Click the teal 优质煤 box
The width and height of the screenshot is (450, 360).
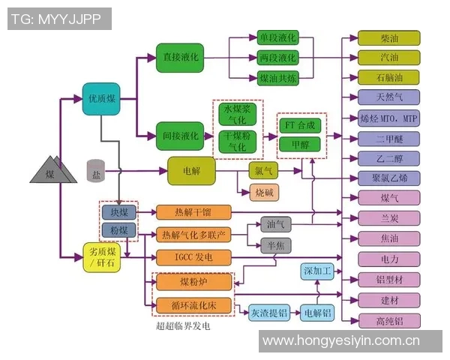[101, 98]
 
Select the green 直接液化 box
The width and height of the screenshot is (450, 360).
[180, 58]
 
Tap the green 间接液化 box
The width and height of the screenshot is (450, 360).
[180, 136]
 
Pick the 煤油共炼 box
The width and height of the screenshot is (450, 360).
[277, 78]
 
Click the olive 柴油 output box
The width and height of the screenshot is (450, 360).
[388, 38]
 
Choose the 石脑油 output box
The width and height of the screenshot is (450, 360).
[388, 77]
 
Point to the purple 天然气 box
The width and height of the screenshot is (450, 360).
[388, 97]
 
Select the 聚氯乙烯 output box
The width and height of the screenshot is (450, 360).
[388, 178]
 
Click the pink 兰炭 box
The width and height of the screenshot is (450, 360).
[388, 218]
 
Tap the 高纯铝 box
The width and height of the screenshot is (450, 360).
[388, 320]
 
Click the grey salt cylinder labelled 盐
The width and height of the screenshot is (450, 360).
[95, 171]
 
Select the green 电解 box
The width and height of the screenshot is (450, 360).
[191, 171]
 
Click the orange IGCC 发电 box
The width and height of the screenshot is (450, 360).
[193, 258]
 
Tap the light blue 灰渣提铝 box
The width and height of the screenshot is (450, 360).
[269, 311]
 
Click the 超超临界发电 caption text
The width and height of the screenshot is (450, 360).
[183, 327]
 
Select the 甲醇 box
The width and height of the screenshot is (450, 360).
[300, 143]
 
